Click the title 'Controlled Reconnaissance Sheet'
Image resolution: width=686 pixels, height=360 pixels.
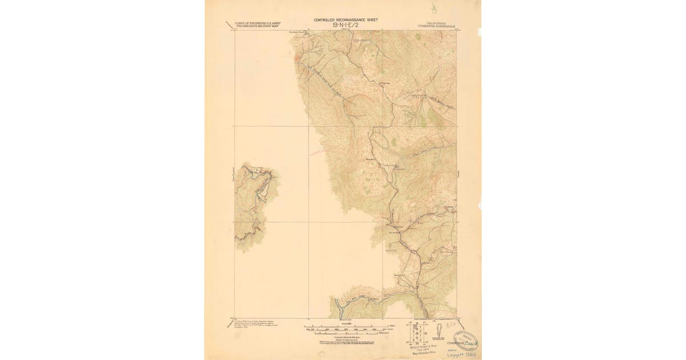[345, 20]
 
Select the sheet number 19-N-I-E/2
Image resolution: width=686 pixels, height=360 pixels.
[345, 26]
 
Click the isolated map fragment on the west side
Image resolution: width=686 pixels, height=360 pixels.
[254, 206]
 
